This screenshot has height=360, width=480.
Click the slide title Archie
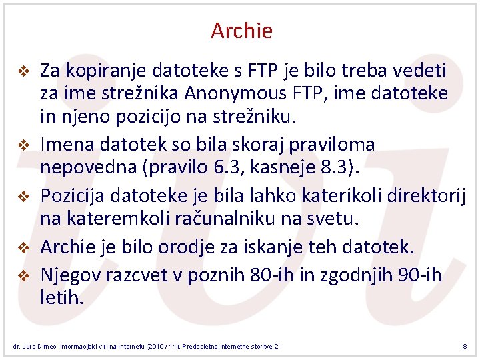pyautogui.click(x=241, y=31)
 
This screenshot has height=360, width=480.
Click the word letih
pyautogui.click(x=62, y=297)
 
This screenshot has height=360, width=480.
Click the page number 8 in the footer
pyautogui.click(x=464, y=346)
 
